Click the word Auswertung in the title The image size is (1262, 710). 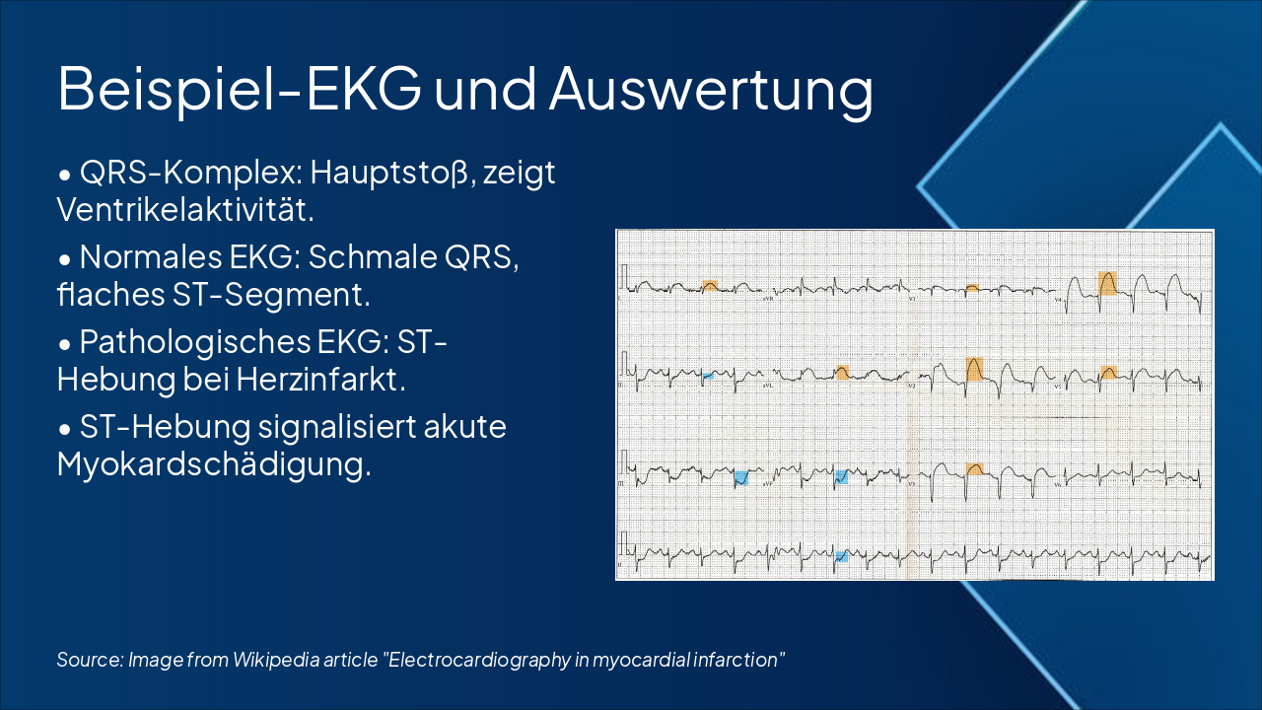(x=711, y=89)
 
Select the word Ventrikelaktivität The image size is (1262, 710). (x=186, y=209)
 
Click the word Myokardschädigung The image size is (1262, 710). (x=214, y=463)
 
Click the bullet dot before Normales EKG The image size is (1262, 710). (x=64, y=259)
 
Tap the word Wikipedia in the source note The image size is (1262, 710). (x=270, y=660)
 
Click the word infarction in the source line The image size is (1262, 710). (x=734, y=660)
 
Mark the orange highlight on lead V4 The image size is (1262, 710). (x=1108, y=283)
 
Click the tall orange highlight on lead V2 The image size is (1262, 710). (x=974, y=370)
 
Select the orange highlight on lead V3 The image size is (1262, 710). (x=974, y=468)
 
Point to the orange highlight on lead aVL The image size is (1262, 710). (x=841, y=372)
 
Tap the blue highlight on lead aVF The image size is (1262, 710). (x=841, y=477)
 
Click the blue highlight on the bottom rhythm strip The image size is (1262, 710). (x=841, y=556)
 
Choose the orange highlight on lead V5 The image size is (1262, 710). (x=1109, y=372)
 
